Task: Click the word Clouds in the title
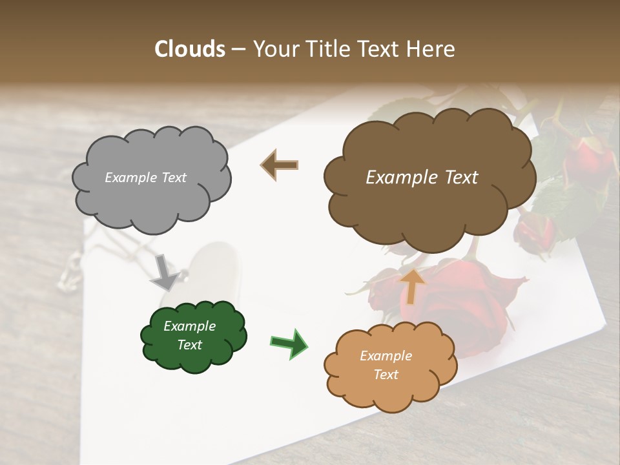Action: coord(190,49)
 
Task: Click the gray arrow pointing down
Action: coord(165,272)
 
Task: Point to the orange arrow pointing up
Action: coord(412,285)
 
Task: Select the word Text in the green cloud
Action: coord(189,345)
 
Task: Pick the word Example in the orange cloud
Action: coord(386,356)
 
